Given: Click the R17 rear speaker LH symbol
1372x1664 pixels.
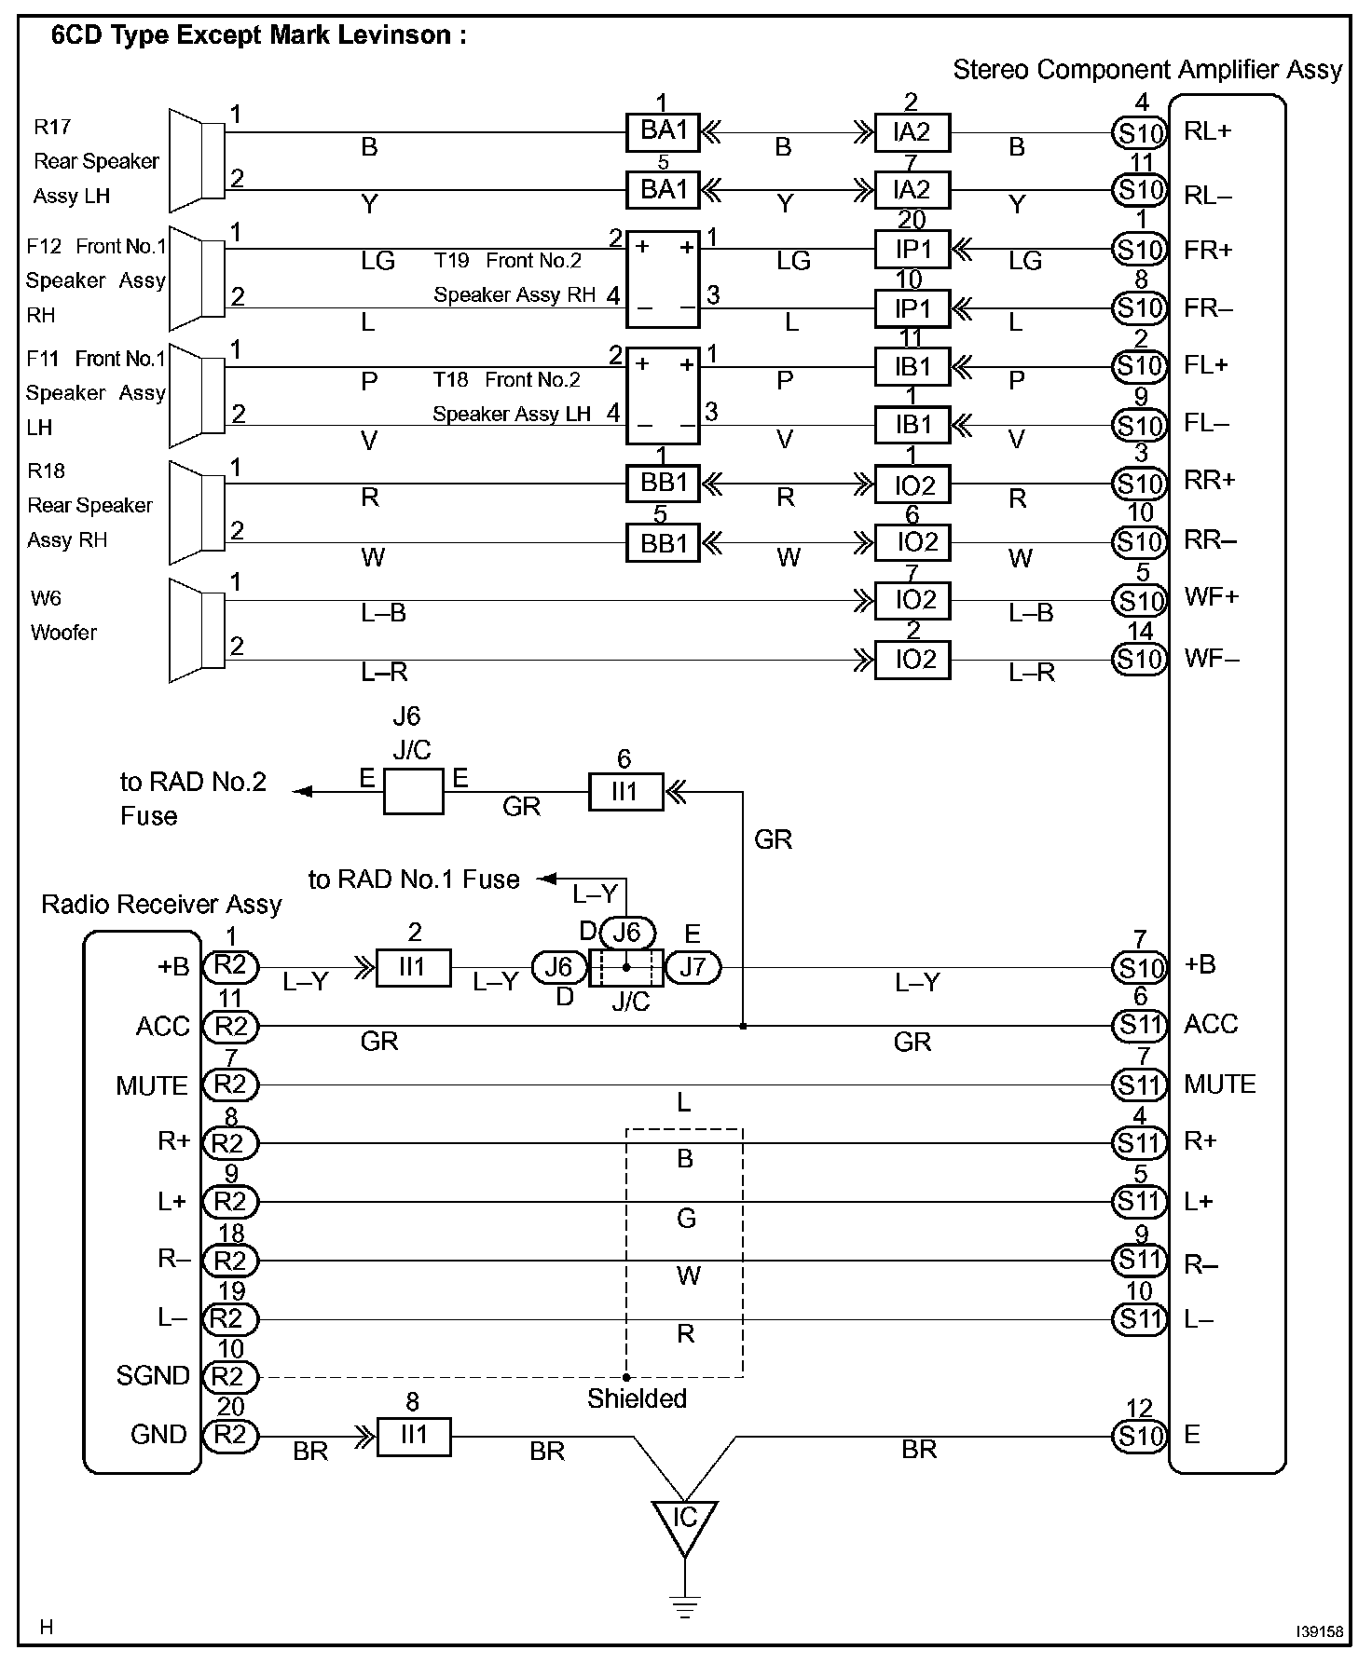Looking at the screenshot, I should tap(197, 160).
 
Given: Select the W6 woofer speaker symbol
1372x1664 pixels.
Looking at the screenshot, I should tap(197, 631).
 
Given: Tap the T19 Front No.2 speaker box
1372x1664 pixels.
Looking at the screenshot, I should tap(663, 279).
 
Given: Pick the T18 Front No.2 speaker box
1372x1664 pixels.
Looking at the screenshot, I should tap(663, 396).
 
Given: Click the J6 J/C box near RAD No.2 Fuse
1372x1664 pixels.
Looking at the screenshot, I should tap(413, 792).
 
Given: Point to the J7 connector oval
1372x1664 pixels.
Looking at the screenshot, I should tap(692, 967).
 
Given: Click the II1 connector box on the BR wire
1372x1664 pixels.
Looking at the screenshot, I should tap(413, 1436).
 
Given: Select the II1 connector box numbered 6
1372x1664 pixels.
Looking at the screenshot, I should tap(624, 792).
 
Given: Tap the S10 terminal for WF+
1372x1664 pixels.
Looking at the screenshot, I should tap(1139, 600).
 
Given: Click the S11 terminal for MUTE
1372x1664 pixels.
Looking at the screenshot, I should tap(1139, 1084).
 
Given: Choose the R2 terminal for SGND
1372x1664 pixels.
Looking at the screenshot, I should tap(230, 1376).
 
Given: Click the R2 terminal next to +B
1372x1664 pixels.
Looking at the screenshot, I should tap(230, 966).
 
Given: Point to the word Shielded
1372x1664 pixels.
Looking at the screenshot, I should tap(637, 1398).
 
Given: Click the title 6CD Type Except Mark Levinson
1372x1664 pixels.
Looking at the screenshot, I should tap(258, 36).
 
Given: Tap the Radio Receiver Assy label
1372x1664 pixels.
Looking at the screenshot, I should tap(161, 905).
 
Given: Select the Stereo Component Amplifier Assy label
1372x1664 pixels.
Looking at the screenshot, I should tap(1146, 70).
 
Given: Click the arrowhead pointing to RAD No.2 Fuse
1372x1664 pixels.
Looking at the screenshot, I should tap(302, 792).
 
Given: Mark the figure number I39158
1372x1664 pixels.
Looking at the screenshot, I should tap(1319, 1631).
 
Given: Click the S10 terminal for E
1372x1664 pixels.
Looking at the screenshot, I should tap(1139, 1436).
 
